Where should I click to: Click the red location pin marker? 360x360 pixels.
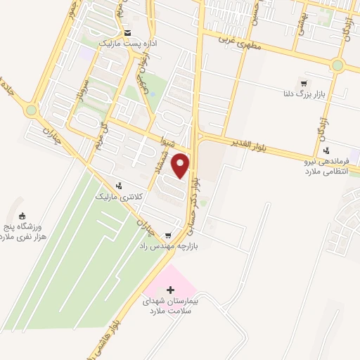coord(181,166)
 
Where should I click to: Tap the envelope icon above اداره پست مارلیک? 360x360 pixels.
coord(127,33)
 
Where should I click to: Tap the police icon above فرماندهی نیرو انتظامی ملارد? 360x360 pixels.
coord(326,150)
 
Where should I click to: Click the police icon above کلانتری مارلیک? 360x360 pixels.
coord(118,186)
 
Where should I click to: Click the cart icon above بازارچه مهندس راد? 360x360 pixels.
coord(167,236)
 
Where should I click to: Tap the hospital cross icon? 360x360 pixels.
coord(169,290)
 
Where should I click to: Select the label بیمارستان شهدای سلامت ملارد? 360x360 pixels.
coord(171,305)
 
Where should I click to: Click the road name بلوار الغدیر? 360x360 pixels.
coord(250,143)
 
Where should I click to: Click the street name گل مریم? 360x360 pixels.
coord(105,133)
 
